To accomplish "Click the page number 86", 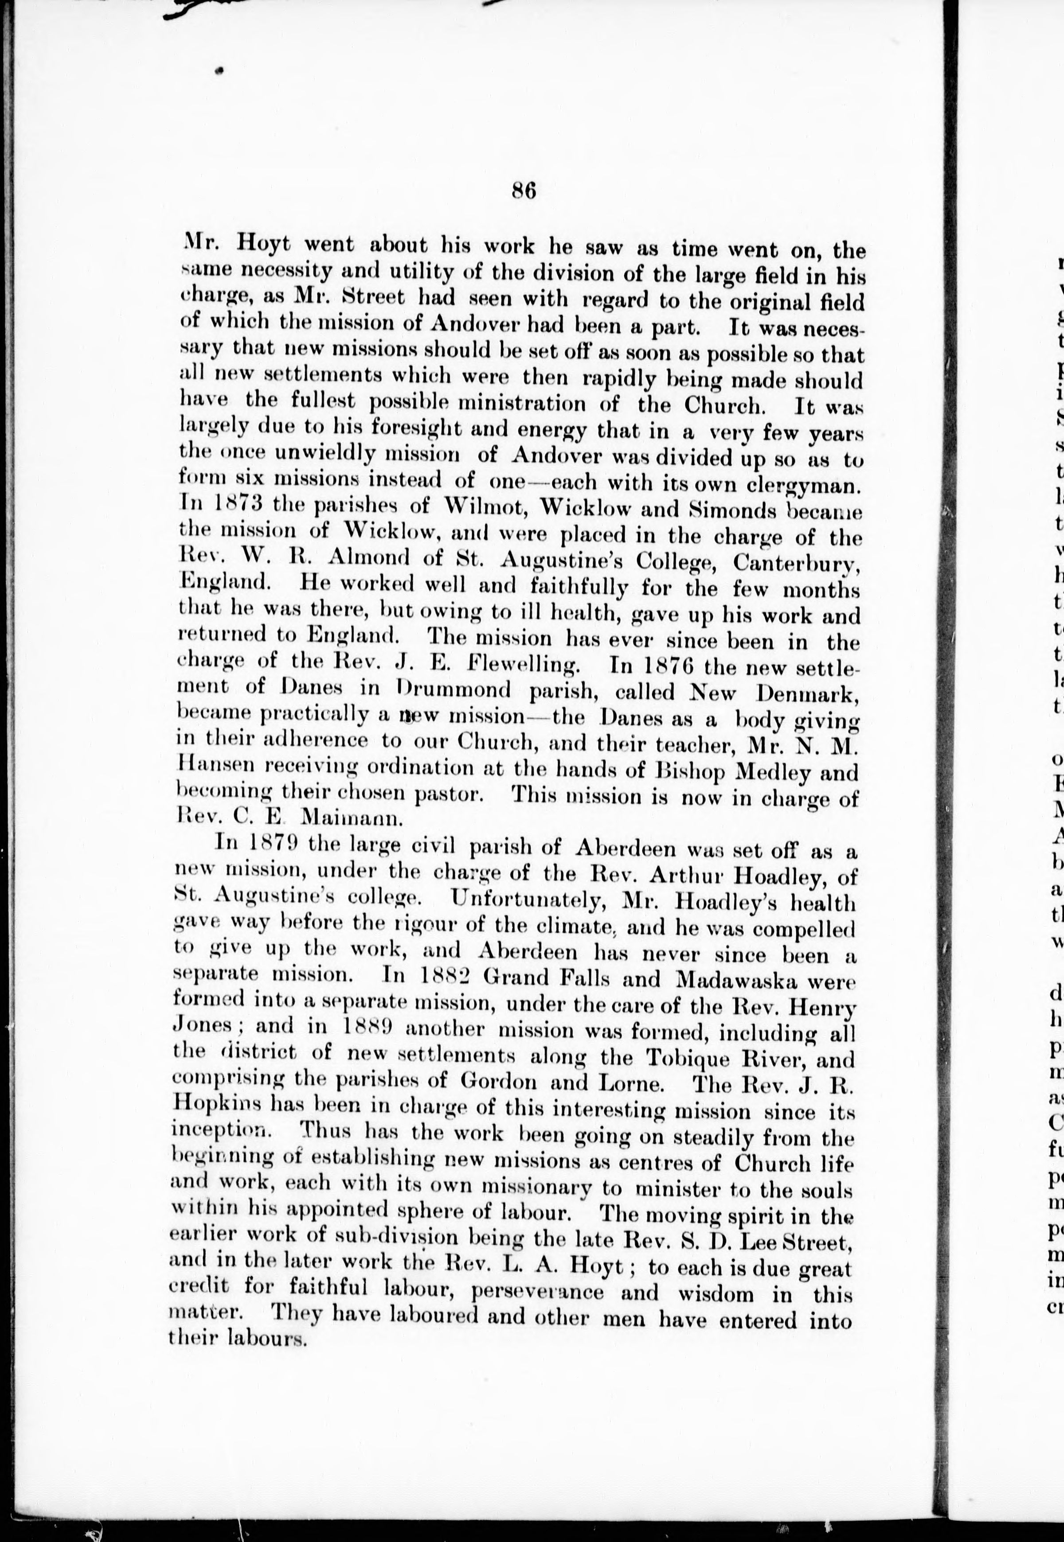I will click(524, 191).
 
